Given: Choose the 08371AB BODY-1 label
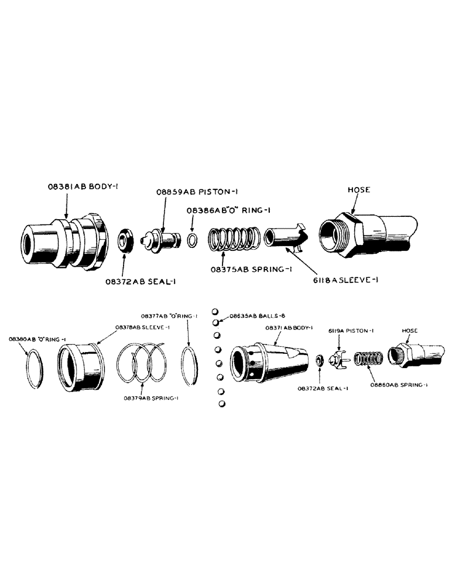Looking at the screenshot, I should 290,328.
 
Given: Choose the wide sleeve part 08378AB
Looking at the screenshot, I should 80,366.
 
